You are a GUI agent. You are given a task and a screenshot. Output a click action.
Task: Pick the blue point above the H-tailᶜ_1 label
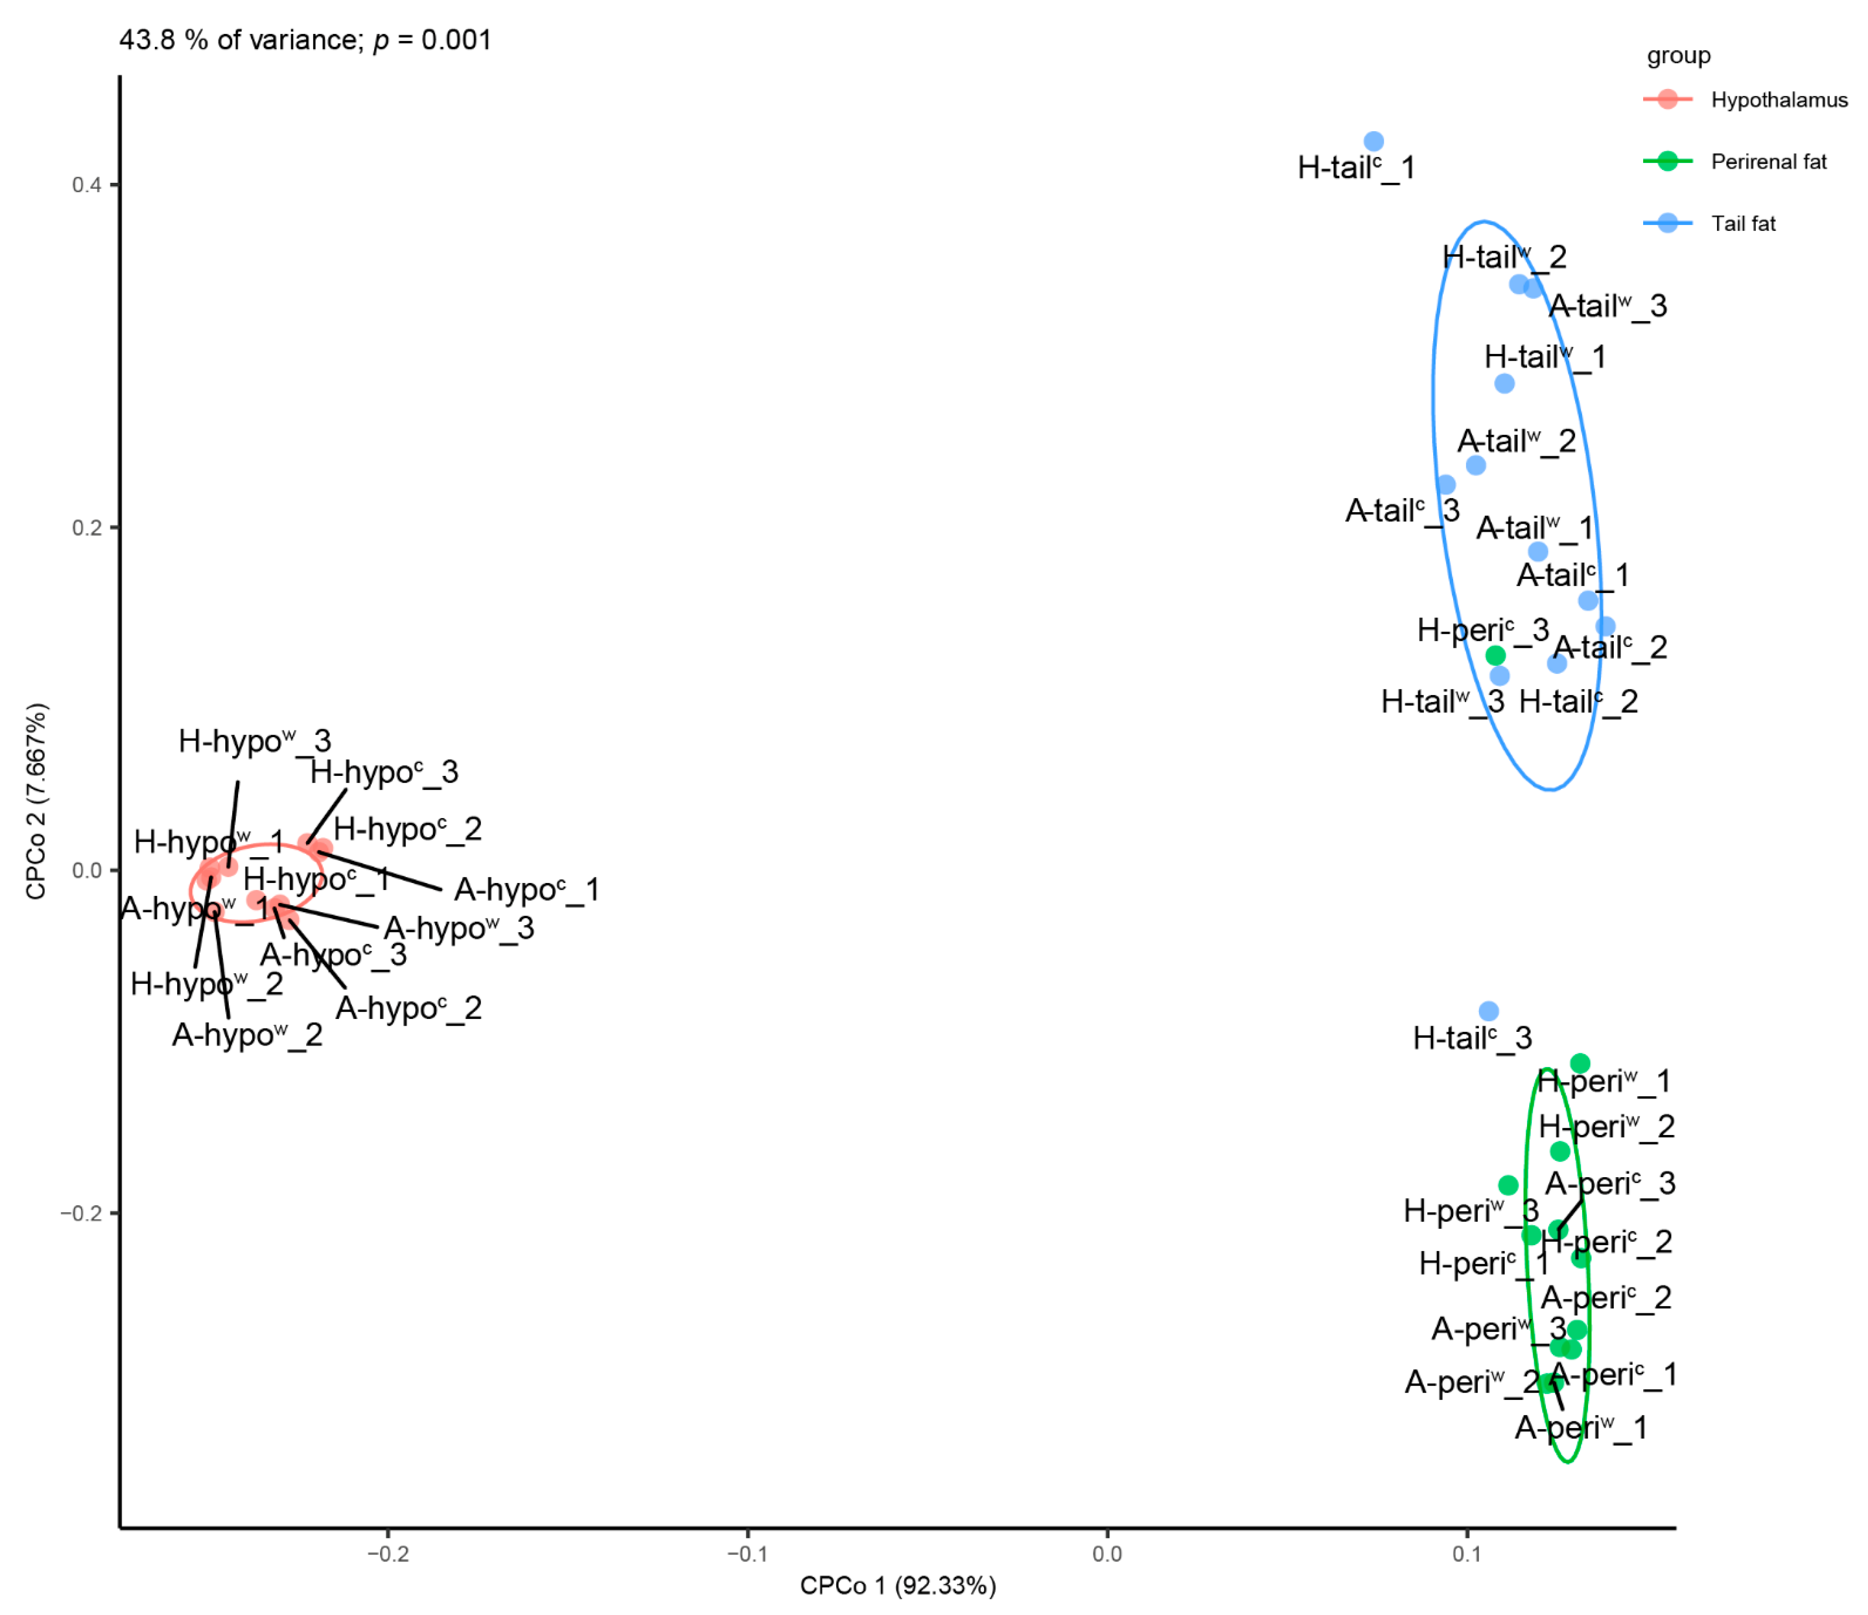tap(1373, 142)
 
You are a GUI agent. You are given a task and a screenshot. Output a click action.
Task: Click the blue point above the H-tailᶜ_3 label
tap(1488, 1012)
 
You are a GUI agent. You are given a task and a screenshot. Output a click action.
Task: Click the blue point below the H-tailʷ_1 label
tap(1504, 383)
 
